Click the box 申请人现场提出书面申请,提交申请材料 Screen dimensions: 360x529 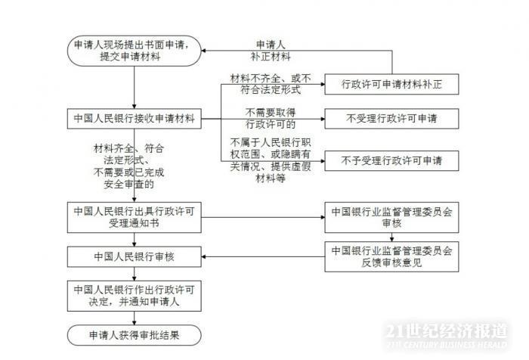point(135,51)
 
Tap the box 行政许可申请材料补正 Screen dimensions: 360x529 point(391,85)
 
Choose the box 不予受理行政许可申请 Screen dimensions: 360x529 point(391,160)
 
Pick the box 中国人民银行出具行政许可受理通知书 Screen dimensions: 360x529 point(135,215)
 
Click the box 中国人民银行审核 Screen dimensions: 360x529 point(135,256)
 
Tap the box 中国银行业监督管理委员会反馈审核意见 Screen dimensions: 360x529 point(391,256)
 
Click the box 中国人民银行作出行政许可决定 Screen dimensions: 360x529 point(135,296)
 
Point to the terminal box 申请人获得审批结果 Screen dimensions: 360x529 point(135,334)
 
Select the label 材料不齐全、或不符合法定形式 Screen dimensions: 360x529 point(264,85)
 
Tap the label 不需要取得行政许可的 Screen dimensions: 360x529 point(264,118)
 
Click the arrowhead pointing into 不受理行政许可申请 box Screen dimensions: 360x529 point(320,118)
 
